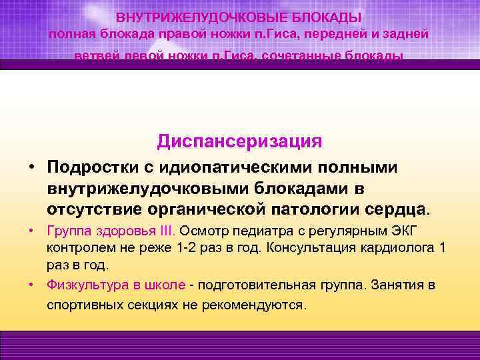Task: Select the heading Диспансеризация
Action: (x=240, y=141)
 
